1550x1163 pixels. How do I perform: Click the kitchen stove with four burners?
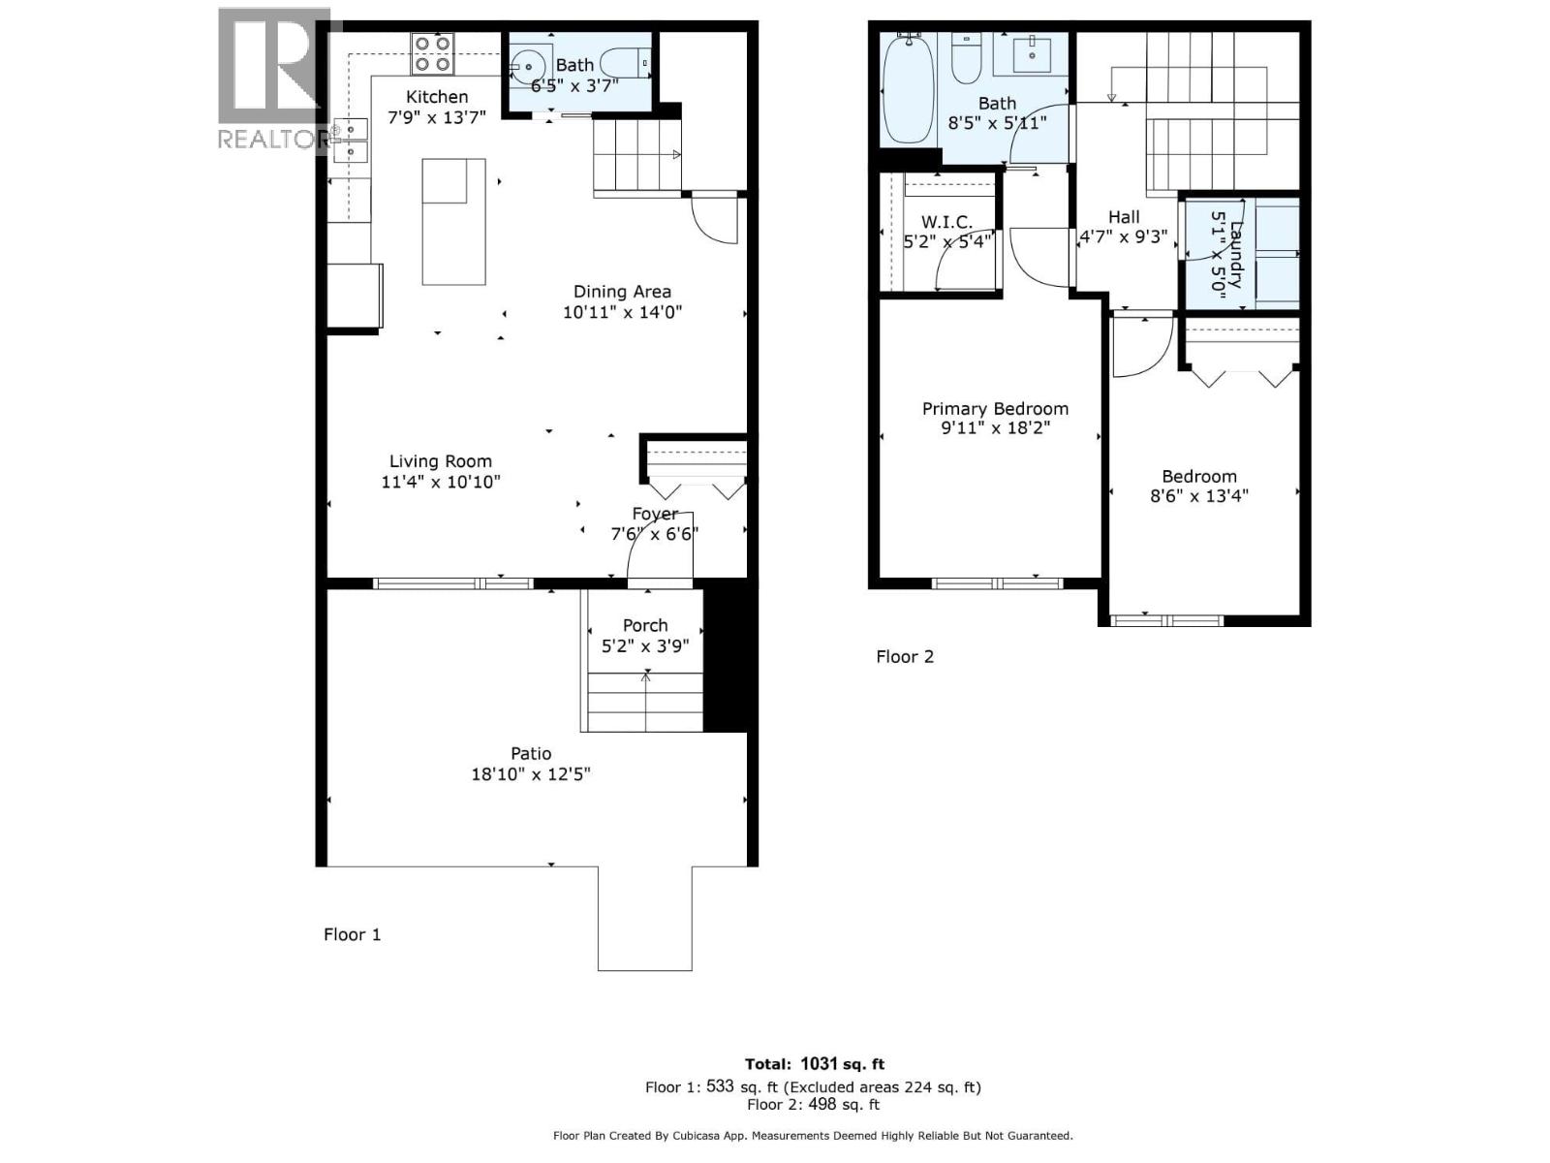(x=432, y=53)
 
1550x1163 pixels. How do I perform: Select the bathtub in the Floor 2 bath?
(x=909, y=89)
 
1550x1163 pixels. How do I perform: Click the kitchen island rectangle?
(x=453, y=222)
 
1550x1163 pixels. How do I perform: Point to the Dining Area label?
(x=622, y=291)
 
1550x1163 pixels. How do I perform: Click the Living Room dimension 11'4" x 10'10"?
(x=441, y=482)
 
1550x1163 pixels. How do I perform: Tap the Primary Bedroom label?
(x=995, y=409)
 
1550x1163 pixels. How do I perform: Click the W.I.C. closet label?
(x=946, y=222)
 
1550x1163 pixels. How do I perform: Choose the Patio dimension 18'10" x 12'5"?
(x=531, y=774)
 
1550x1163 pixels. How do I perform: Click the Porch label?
(x=645, y=625)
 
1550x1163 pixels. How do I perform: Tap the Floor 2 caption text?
(x=905, y=656)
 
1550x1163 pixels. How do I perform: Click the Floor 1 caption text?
(x=352, y=934)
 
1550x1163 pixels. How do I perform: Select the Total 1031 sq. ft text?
(x=814, y=1064)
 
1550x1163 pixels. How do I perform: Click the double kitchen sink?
(x=350, y=141)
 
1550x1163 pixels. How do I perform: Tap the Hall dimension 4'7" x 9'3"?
(x=1124, y=236)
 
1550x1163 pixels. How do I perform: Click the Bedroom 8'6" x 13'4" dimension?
(x=1199, y=496)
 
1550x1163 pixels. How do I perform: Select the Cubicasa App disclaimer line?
(x=813, y=1136)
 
